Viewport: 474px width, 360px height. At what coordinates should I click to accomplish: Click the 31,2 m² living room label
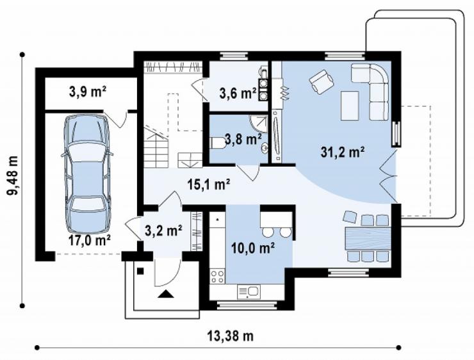click(x=342, y=152)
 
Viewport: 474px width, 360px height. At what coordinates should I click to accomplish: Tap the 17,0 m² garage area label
click(x=90, y=241)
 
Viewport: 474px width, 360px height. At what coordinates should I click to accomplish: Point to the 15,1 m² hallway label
click(x=209, y=184)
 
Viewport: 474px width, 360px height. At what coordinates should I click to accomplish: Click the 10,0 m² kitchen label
click(x=253, y=248)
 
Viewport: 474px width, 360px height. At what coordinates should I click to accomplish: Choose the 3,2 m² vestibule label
click(x=163, y=231)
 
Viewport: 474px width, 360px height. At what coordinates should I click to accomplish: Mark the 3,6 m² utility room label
click(x=238, y=94)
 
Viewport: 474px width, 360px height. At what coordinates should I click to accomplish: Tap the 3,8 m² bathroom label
click(x=243, y=140)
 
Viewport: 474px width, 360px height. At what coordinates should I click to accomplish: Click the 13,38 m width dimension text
click(x=231, y=336)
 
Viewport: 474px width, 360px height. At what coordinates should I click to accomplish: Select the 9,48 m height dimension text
click(x=13, y=180)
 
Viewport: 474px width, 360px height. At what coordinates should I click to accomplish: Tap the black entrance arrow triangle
click(x=166, y=293)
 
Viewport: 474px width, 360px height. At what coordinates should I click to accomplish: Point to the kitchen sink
click(x=249, y=291)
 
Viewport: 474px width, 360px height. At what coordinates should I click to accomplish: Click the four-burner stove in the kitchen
click(x=217, y=276)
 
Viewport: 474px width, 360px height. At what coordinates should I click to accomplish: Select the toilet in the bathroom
click(x=218, y=143)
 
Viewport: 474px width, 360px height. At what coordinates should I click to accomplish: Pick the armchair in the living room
click(x=322, y=81)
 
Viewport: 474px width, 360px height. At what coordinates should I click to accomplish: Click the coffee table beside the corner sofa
click(x=350, y=106)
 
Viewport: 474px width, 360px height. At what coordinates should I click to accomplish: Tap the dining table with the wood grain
click(x=368, y=238)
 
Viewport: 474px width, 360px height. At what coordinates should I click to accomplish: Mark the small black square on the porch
click(x=140, y=271)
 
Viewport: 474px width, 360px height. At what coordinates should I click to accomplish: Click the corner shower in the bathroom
click(x=259, y=124)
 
